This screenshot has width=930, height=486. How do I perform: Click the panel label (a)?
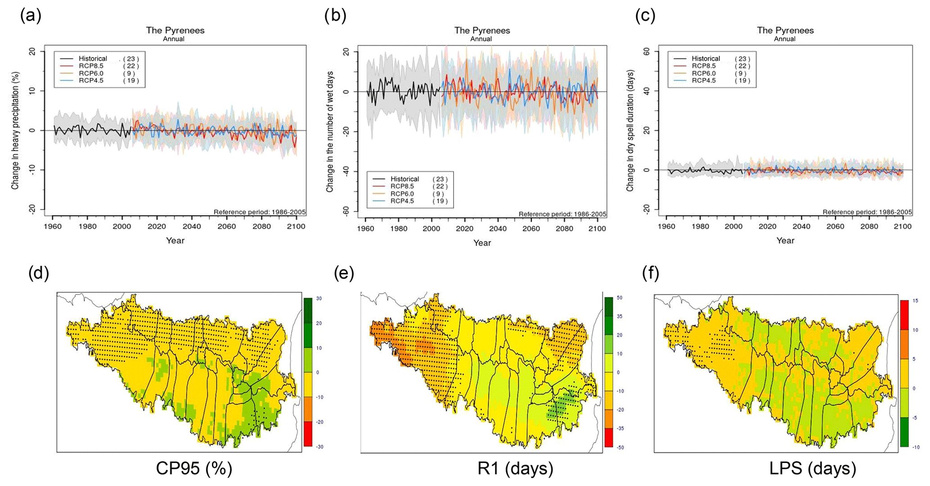pos(31,16)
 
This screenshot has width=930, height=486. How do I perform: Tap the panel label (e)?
pos(344,273)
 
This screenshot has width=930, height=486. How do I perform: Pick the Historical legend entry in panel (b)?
pos(404,179)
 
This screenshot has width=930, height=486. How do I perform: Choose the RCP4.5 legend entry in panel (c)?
pos(703,81)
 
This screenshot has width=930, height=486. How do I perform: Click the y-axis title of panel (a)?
pos(15,131)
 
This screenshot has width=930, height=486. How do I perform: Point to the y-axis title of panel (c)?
pos(630,131)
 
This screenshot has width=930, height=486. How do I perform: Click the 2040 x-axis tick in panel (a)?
pos(192,227)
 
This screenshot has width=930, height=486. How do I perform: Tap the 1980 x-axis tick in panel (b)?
pos(399,229)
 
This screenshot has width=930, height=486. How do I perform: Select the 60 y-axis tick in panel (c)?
pos(647,51)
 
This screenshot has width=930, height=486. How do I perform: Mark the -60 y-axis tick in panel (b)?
pos(346,211)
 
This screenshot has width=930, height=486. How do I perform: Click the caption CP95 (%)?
pos(194,468)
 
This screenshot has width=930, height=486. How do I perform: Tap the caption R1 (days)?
pos(515,468)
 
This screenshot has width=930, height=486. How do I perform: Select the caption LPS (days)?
pos(812,468)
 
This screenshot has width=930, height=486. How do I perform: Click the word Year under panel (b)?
pos(482,243)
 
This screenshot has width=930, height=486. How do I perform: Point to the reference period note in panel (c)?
pos(867,212)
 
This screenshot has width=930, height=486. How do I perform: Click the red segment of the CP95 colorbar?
pos(308,434)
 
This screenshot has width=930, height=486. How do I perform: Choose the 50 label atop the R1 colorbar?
pos(620,298)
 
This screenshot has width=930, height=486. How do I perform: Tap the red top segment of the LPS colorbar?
pos(904,315)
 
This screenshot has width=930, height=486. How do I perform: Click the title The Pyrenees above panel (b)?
pos(482,31)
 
